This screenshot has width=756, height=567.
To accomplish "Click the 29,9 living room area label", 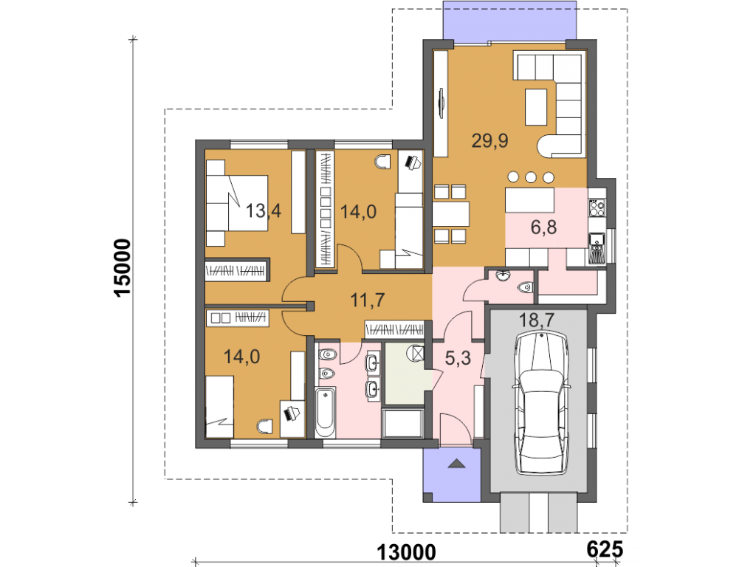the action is point(489,141).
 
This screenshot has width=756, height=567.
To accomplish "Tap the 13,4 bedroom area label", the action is point(264,210).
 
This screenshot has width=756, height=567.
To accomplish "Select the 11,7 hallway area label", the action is point(368,300).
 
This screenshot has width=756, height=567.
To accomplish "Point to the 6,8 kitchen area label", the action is point(544,227).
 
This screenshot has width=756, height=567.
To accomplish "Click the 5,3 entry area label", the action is point(458,358).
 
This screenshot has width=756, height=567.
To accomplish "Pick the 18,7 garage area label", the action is point(537,320).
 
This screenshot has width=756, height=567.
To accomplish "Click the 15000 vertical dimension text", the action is point(123,268).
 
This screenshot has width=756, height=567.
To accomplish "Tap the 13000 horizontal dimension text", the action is point(406,552).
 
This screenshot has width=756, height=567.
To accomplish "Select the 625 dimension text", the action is point(605,549).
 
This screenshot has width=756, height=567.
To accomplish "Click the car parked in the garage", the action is point(541,403).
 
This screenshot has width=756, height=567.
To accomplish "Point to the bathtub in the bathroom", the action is point(325,412).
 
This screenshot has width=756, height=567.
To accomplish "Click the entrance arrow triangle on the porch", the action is point(456,464).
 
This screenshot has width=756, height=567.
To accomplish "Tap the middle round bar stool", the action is point(531,177).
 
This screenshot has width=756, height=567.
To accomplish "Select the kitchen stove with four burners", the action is point(597,207).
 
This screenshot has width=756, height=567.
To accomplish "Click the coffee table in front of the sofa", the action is point(536,107).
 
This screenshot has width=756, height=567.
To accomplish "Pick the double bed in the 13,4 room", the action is point(237,203).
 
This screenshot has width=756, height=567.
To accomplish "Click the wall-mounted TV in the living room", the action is point(441,103).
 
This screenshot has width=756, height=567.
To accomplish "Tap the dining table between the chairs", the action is point(451,214).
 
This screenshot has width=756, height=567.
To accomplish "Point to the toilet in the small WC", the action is point(525,288).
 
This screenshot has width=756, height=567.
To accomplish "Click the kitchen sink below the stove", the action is point(597,239).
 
